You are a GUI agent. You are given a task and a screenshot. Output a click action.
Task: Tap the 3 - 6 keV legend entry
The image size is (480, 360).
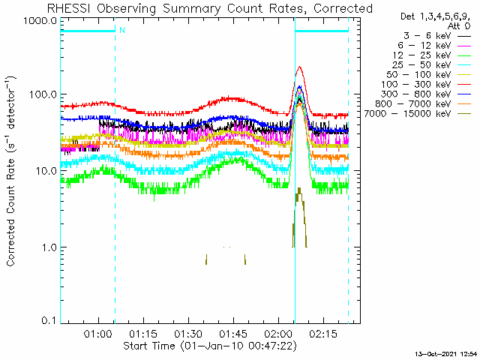click(x=437, y=36)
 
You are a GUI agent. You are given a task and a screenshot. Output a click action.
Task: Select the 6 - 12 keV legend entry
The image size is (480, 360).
click(x=434, y=46)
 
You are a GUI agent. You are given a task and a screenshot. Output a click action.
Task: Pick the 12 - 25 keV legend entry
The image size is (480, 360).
click(x=432, y=55)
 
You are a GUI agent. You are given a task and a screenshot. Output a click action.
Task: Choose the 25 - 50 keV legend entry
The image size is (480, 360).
click(x=432, y=65)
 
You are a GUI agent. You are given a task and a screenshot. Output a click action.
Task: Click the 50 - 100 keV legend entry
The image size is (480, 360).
click(x=428, y=75)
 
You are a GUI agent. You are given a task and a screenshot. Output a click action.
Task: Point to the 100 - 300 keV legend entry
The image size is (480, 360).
click(x=426, y=85)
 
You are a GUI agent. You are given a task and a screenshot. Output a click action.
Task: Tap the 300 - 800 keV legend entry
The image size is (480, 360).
click(x=426, y=94)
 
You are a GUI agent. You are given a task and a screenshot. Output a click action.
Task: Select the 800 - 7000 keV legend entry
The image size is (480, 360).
click(x=423, y=104)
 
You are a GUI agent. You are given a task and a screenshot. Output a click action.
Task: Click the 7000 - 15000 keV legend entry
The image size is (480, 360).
click(x=418, y=114)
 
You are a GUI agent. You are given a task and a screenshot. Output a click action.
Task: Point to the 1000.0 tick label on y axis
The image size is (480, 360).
click(x=40, y=22)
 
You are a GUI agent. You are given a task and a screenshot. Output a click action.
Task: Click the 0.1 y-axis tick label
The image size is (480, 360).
click(x=49, y=320)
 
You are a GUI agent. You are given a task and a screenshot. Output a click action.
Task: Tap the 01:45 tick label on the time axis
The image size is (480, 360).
click(x=233, y=334)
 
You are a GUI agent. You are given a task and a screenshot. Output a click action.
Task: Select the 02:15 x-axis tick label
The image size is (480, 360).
click(x=323, y=334)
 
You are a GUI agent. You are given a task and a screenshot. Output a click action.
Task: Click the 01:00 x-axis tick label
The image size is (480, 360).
click(x=98, y=334)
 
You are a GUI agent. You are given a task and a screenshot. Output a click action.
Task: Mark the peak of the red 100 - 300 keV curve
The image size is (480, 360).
click(x=300, y=67)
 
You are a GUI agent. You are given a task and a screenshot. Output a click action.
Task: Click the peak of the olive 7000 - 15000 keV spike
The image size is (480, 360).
click(x=298, y=188)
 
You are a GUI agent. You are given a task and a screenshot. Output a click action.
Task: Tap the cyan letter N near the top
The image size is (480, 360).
click(x=122, y=30)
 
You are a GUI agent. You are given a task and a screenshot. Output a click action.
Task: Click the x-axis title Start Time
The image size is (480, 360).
click(x=148, y=346)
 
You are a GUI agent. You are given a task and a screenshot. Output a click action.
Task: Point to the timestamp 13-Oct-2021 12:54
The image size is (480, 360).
click(x=446, y=354)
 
